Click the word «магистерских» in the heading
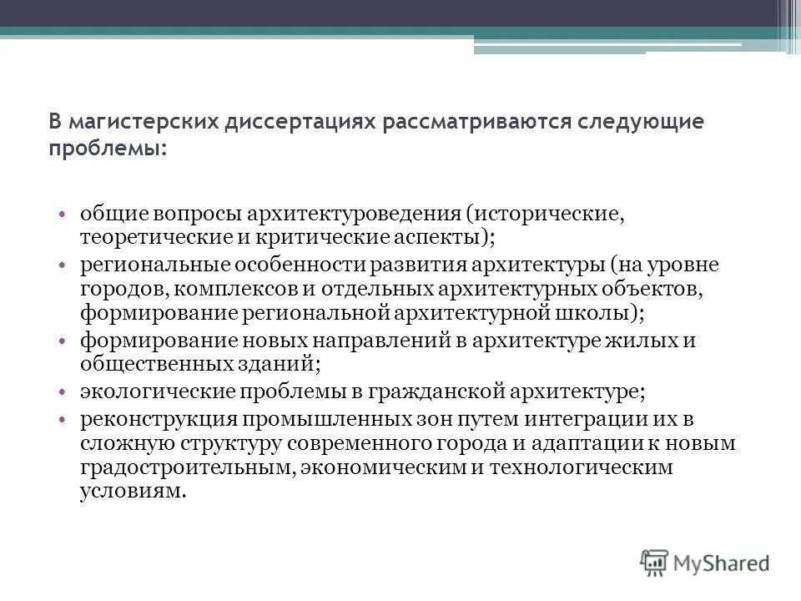click(139, 122)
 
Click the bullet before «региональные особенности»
click(63, 265)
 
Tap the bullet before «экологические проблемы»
click(63, 391)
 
